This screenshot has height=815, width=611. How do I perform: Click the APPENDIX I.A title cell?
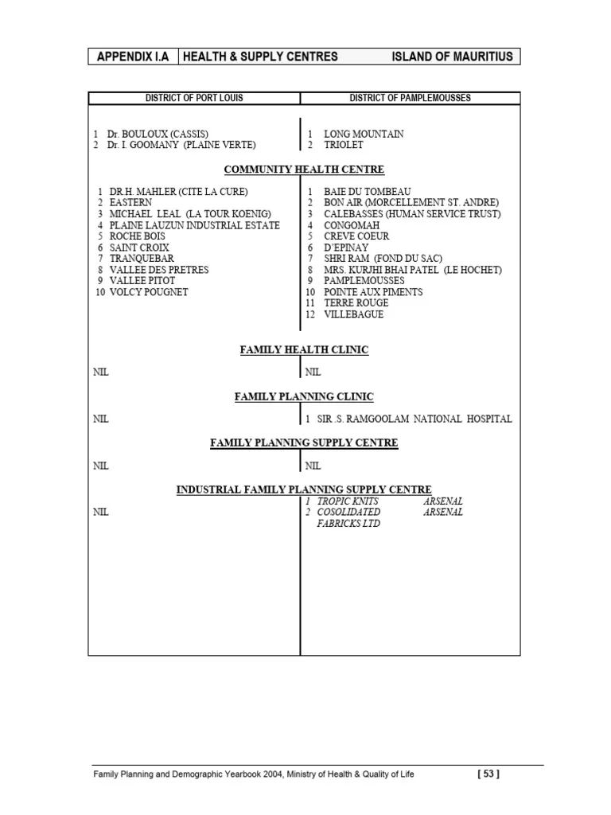[x=133, y=57]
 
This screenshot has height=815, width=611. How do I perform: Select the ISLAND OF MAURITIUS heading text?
[x=453, y=57]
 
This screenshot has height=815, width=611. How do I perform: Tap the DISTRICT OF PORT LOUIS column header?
[x=194, y=98]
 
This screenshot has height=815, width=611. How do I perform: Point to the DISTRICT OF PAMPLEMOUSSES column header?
[x=410, y=98]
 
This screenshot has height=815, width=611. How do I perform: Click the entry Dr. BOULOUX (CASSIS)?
[x=159, y=134]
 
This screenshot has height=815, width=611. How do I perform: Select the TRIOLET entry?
[x=343, y=145]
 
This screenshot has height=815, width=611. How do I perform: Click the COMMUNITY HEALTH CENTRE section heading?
[x=304, y=170]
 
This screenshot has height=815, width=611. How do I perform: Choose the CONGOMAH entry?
[x=352, y=225]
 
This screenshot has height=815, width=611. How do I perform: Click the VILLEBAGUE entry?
[x=353, y=314]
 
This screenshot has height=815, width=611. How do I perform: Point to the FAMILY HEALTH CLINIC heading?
[x=304, y=349]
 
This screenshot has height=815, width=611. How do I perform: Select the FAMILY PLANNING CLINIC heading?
[x=304, y=396]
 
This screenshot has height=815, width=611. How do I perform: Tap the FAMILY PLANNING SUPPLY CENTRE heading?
[x=304, y=443]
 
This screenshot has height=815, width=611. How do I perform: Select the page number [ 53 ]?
[x=488, y=774]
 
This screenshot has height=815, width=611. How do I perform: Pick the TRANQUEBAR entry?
[x=142, y=259]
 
